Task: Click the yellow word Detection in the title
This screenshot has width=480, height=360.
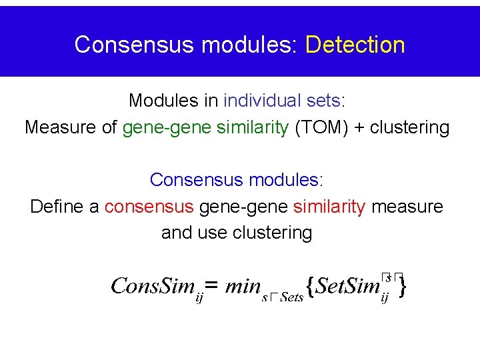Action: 355,45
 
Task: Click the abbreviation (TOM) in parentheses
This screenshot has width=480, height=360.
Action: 317,127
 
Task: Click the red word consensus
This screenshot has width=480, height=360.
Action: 149,207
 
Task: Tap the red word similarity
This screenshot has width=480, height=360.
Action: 329,207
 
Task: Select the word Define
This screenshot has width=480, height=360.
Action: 58,207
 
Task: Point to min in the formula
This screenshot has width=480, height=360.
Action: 243,287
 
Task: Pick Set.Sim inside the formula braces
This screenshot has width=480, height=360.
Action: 347,287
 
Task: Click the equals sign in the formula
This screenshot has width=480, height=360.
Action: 211,287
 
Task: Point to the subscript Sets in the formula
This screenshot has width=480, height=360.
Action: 291,297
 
